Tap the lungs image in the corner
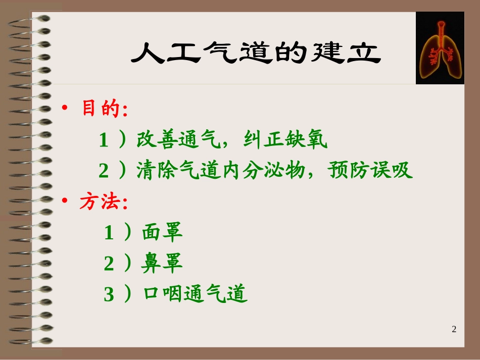(x=440, y=48)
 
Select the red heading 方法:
(x=104, y=202)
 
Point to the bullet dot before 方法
(x=64, y=202)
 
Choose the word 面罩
(x=162, y=233)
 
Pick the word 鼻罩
(x=162, y=264)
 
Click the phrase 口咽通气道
(x=195, y=294)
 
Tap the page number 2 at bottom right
(x=454, y=329)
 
